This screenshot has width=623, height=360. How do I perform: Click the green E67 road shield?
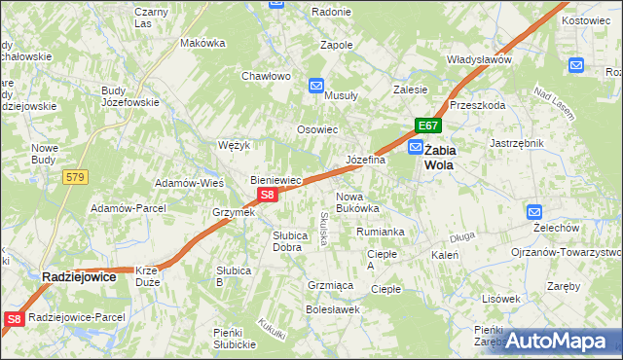(429, 126)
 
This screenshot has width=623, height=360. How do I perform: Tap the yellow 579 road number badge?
(75, 177)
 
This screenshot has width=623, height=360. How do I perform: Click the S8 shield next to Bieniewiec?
(270, 195)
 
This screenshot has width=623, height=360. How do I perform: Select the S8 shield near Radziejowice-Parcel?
(14, 318)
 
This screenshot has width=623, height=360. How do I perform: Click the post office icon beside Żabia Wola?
(416, 148)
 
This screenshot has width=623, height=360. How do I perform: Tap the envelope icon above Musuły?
(316, 86)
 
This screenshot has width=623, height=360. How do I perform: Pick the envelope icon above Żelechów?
(534, 211)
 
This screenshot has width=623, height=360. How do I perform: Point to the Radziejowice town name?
(79, 277)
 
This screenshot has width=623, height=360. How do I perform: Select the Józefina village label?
(366, 160)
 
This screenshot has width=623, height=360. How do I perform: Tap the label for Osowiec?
(317, 129)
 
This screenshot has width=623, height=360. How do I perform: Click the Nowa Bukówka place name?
(356, 201)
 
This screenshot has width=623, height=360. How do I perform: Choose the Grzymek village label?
(234, 212)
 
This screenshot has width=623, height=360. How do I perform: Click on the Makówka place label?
(202, 43)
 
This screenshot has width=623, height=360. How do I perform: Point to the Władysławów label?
(479, 59)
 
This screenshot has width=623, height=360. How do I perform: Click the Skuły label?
(324, 230)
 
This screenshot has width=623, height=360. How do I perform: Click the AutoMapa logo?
(562, 341)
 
